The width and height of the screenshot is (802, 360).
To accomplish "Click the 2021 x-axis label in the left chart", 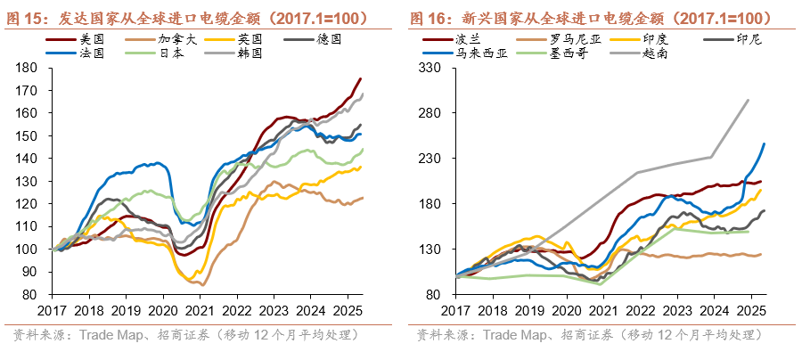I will coord(198,310).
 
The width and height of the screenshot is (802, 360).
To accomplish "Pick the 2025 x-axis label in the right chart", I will coord(750,310).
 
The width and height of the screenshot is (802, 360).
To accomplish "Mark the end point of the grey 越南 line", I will coord(748,100).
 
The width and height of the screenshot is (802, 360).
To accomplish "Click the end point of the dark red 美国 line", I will coord(361,78).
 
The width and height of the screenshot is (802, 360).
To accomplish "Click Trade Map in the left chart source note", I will coord(110,335).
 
